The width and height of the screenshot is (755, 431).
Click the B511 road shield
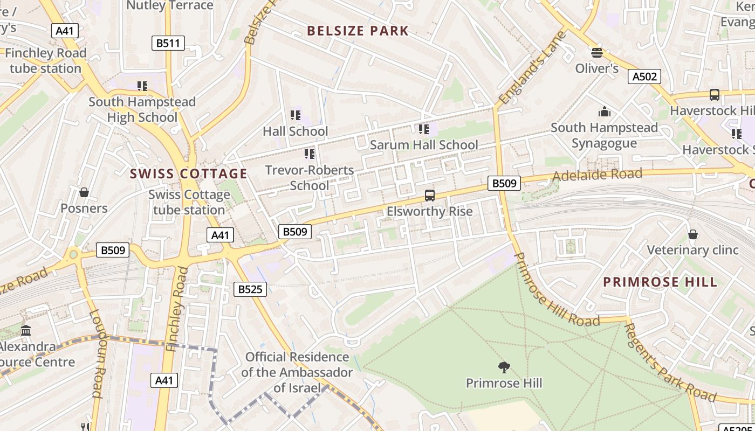[x=168, y=43]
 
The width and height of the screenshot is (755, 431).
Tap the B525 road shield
[x=250, y=289]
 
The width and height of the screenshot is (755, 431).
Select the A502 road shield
[x=644, y=77]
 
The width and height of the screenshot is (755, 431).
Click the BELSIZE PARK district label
[x=358, y=31]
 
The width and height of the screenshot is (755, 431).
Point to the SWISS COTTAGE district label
[x=188, y=173]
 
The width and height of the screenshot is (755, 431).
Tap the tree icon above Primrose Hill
[x=504, y=368]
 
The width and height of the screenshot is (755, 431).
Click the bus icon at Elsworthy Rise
[x=430, y=196]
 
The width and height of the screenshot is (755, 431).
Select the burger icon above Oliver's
[x=596, y=53]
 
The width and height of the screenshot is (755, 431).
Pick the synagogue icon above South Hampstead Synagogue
[x=604, y=112]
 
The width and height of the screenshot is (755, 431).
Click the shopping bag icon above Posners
[x=84, y=192]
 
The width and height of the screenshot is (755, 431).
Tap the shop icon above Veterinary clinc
[x=693, y=234]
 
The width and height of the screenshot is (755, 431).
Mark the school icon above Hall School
[x=295, y=115]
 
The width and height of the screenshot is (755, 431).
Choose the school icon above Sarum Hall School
[x=424, y=129]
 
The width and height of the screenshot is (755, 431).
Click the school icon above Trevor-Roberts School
[x=310, y=154]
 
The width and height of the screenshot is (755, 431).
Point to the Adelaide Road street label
[x=597, y=175]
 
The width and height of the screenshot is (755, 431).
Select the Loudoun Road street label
[x=96, y=353]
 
